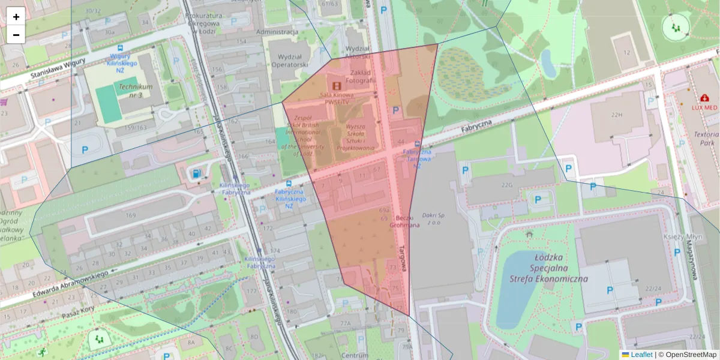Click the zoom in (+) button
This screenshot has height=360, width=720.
pyautogui.click(x=16, y=17)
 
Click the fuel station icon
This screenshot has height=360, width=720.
pyautogui.click(x=196, y=174)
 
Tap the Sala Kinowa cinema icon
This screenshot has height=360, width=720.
pyautogui.click(x=337, y=86)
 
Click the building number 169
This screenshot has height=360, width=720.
pyautogui.click(x=131, y=215)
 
